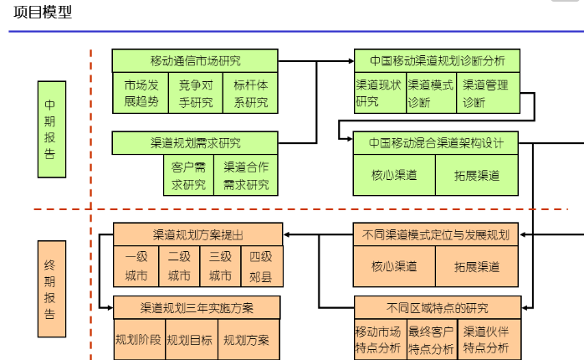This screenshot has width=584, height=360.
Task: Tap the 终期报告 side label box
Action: click(51, 290)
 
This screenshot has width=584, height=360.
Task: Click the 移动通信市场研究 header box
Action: click(195, 60)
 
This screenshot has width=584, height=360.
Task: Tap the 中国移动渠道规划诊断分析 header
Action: click(436, 60)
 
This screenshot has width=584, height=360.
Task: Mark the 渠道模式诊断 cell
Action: click(430, 93)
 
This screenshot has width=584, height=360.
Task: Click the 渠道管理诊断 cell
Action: click(488, 93)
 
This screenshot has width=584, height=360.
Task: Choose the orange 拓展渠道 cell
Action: click(477, 267)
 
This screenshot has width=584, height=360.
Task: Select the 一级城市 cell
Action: click(136, 266)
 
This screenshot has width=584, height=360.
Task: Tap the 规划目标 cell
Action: click(189, 340)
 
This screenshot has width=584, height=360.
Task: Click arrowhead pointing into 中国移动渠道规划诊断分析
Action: click(350, 61)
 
